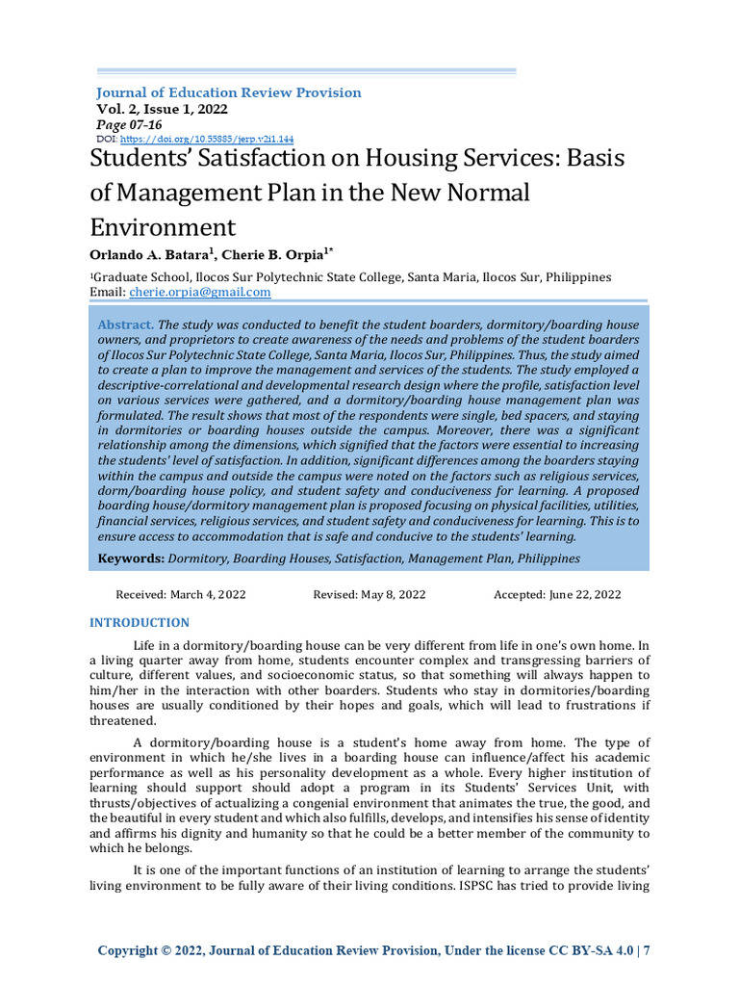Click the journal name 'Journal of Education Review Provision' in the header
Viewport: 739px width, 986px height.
pos(228,92)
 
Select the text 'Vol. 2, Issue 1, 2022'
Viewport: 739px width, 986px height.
pos(162,110)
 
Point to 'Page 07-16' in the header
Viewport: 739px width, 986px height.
pos(130,125)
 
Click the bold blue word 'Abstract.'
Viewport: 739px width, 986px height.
pos(125,325)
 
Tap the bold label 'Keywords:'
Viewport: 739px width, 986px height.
pos(131,558)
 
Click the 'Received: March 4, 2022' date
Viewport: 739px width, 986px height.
pos(181,595)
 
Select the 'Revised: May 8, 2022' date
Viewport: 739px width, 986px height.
pos(369,595)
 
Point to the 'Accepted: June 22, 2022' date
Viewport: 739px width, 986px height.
pos(557,595)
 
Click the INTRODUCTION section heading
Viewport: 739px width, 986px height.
pos(140,623)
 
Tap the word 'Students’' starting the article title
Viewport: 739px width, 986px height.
pos(137,159)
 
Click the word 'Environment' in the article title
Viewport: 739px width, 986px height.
pos(163,227)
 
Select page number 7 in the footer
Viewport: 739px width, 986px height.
pos(647,950)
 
